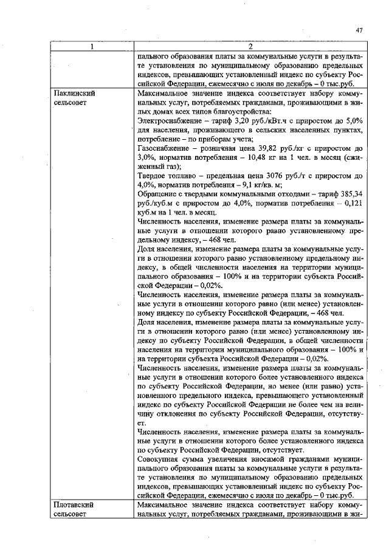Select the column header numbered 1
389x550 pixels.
coord(92,47)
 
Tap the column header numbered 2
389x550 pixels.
coord(250,47)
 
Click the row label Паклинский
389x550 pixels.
coord(74,94)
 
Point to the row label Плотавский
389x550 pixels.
coord(73,505)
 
